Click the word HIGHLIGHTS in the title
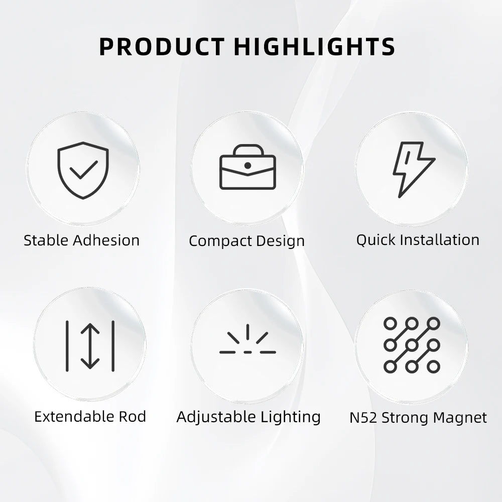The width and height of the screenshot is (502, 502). [x=315, y=47]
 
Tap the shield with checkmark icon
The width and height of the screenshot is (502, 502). [x=83, y=170]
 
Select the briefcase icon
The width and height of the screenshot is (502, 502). [x=247, y=167]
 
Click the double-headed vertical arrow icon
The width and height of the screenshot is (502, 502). [x=90, y=346]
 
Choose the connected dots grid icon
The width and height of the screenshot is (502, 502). [x=412, y=345]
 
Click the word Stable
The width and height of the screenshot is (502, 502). [x=47, y=240]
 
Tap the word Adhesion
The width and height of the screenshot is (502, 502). [x=106, y=240]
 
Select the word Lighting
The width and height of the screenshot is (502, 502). [x=291, y=417]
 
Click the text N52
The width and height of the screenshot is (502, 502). [x=363, y=418]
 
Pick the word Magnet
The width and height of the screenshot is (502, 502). [x=460, y=418]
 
